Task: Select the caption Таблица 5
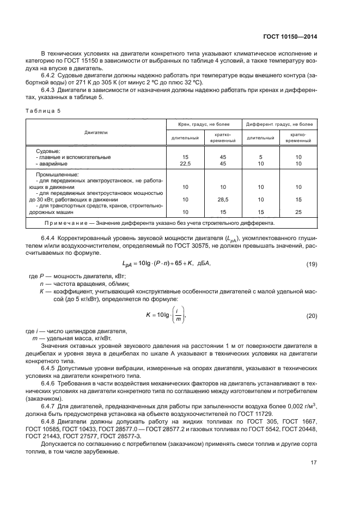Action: pyautogui.click(x=44, y=111)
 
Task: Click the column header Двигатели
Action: pyautogui.click(x=96, y=132)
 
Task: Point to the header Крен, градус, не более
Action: pyautogui.click(x=204, y=125)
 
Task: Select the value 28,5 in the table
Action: pyautogui.click(x=222, y=199)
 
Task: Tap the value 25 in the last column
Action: pyautogui.click(x=297, y=212)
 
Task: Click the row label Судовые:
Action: pyautogui.click(x=48, y=151)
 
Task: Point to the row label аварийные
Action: pyautogui.click(x=53, y=163)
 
